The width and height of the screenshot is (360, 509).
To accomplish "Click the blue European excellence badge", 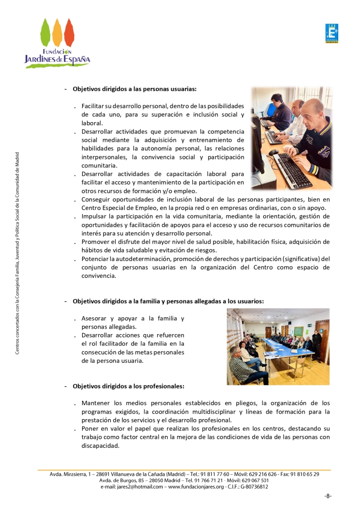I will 331,34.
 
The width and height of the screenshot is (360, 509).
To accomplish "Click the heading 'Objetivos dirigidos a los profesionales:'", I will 129,386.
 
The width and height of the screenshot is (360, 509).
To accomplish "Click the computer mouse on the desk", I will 273,152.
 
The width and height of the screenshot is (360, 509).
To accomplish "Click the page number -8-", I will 327,496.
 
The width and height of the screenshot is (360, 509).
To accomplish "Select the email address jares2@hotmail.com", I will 137,487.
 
